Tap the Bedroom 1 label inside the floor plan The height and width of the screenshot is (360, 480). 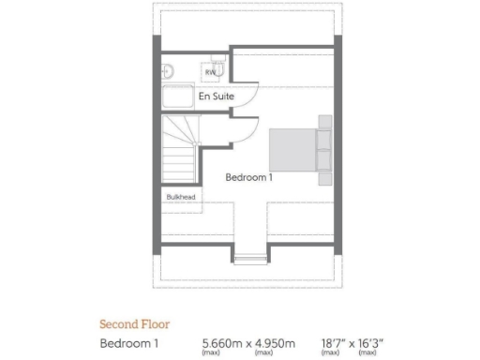click(x=248, y=176)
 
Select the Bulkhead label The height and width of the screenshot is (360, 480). click(x=179, y=198)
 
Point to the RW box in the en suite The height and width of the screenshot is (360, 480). click(x=211, y=71)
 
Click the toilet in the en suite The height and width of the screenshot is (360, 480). click(x=168, y=71)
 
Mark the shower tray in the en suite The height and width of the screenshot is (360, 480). click(x=177, y=97)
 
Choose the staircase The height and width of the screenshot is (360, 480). click(x=179, y=151)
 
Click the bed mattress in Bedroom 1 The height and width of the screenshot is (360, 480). click(x=292, y=150)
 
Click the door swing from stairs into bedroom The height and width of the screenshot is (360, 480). click(x=217, y=131)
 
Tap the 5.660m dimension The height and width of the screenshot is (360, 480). click(x=222, y=341)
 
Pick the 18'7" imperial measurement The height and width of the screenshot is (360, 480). click(x=335, y=341)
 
